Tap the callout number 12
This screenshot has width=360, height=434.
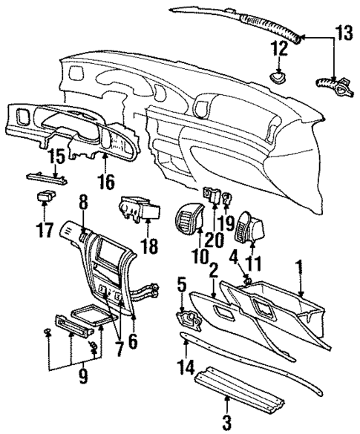[x=279, y=50]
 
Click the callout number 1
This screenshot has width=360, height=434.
[x=299, y=266]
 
